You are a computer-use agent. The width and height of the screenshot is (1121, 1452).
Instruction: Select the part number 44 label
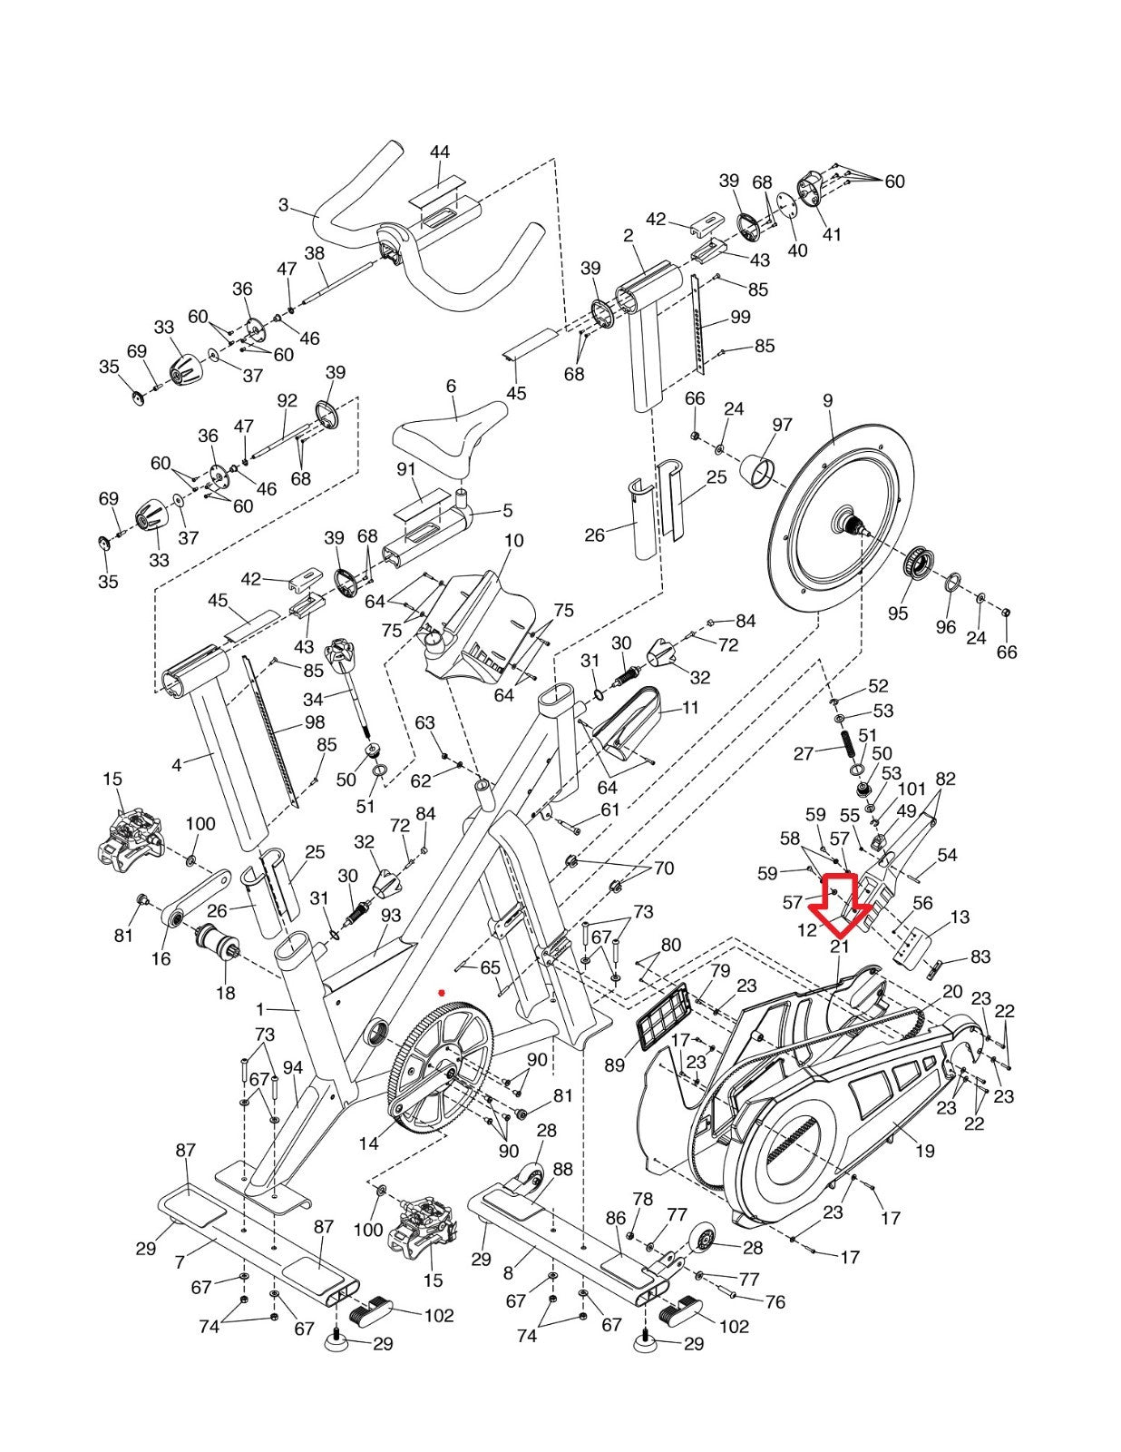440,152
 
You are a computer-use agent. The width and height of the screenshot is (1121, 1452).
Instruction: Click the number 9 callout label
827,400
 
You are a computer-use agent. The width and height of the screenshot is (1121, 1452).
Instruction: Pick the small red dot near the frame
442,992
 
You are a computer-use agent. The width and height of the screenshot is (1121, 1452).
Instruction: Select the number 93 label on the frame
391,916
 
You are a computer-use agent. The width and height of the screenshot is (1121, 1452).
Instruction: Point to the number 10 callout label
513,541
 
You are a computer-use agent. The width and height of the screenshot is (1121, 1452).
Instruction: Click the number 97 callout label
782,424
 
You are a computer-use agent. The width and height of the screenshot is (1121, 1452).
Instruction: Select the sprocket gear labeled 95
920,565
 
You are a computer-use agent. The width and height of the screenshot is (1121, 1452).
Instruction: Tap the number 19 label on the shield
924,1152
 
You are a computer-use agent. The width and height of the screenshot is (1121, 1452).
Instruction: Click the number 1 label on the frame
260,1009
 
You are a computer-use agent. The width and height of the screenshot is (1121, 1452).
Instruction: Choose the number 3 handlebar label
283,205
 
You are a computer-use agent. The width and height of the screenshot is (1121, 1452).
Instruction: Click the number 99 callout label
740,317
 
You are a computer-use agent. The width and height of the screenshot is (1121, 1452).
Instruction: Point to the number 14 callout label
368,1143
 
